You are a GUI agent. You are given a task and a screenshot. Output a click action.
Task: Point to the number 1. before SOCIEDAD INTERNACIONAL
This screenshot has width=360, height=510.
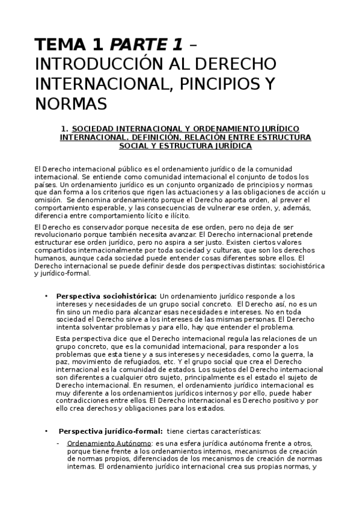point(65,129)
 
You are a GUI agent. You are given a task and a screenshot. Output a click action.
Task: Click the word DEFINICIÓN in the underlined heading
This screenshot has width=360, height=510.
point(153,137)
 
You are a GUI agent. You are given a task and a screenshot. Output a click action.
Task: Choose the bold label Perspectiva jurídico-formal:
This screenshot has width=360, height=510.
point(111,431)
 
